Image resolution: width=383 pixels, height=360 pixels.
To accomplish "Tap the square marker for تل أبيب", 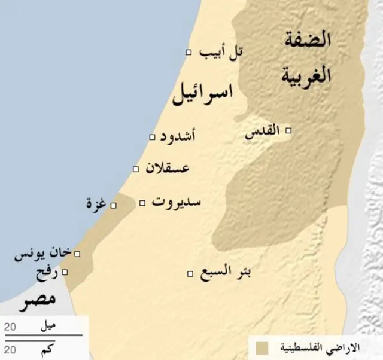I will coord(189,53).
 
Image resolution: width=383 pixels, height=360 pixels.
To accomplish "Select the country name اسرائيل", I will coord(202,95).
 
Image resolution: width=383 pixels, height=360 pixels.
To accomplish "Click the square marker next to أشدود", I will coord(152,138).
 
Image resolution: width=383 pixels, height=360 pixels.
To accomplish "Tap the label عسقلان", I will coord(168,168).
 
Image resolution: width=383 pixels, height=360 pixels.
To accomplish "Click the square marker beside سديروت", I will coord(142,203).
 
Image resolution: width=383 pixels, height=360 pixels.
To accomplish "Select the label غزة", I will coord(96,205).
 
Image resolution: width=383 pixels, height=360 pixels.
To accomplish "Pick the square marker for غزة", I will coord(114,206).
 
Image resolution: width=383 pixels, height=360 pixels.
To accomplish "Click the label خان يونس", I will coord(42,255).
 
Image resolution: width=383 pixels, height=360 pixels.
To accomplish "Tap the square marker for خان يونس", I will coord(77,254).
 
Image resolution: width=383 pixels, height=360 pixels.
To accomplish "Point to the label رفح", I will coord(47,273).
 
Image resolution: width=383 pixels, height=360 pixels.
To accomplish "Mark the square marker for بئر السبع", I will coord(190,274).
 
